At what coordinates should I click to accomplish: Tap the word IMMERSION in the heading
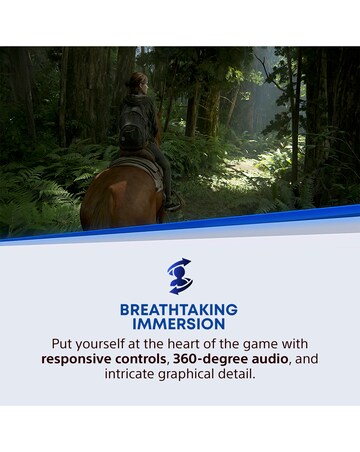tap(179, 324)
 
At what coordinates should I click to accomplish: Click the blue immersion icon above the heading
tap(180, 276)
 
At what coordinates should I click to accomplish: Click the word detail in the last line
tap(249, 374)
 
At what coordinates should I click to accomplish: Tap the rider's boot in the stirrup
tap(174, 203)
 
